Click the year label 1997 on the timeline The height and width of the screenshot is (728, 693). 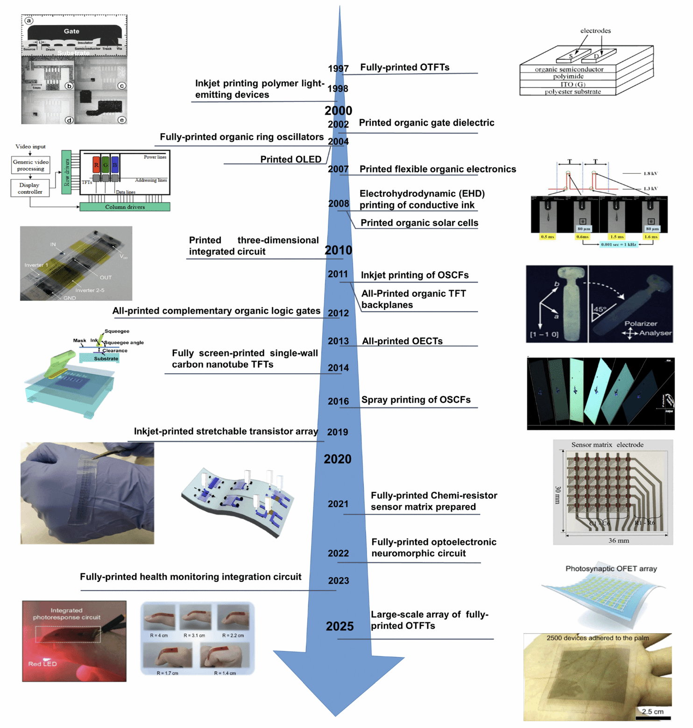pos(338,69)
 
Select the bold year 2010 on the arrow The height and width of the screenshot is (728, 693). pos(338,250)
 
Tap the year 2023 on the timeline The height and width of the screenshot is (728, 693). pos(338,581)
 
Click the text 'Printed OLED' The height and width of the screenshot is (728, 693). pos(290,159)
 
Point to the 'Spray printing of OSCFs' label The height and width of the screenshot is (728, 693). pos(416,400)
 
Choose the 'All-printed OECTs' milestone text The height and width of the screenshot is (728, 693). pos(402,341)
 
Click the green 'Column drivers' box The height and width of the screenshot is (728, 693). pos(125,207)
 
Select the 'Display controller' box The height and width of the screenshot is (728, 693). pos(30,188)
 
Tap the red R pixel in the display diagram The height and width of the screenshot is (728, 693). pos(96,165)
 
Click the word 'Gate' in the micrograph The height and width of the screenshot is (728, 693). pos(71,31)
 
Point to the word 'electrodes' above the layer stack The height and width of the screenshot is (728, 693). pos(595,31)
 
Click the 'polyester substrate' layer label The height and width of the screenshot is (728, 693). pos(573,92)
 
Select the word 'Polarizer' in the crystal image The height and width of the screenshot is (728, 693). pos(641,323)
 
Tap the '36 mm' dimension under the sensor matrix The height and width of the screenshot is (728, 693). pos(618,541)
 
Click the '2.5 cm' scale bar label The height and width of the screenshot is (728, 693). pos(652,712)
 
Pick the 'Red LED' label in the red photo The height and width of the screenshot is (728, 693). pos(42,664)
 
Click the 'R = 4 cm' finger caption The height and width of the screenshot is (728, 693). pos(159,635)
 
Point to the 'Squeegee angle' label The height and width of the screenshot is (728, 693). pos(124,343)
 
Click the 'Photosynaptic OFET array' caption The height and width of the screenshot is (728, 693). pos(611,569)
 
